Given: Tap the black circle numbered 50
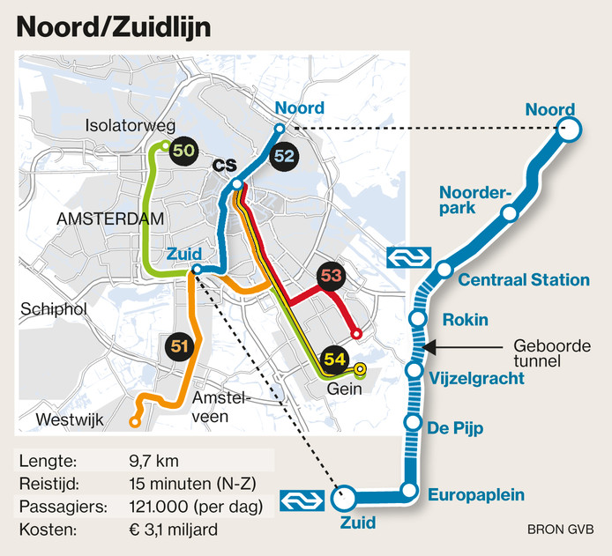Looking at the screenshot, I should (183, 151).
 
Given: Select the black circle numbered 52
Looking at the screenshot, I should (284, 157).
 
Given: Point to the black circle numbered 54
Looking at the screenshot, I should (335, 359).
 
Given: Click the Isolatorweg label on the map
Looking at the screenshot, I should (129, 126).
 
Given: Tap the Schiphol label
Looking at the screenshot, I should (55, 309).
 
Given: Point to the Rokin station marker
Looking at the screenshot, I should (418, 319).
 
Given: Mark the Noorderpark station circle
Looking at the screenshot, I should (509, 212).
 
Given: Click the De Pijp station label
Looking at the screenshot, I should (456, 427).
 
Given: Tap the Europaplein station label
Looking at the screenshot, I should (476, 494).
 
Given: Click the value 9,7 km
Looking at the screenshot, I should (153, 461).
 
